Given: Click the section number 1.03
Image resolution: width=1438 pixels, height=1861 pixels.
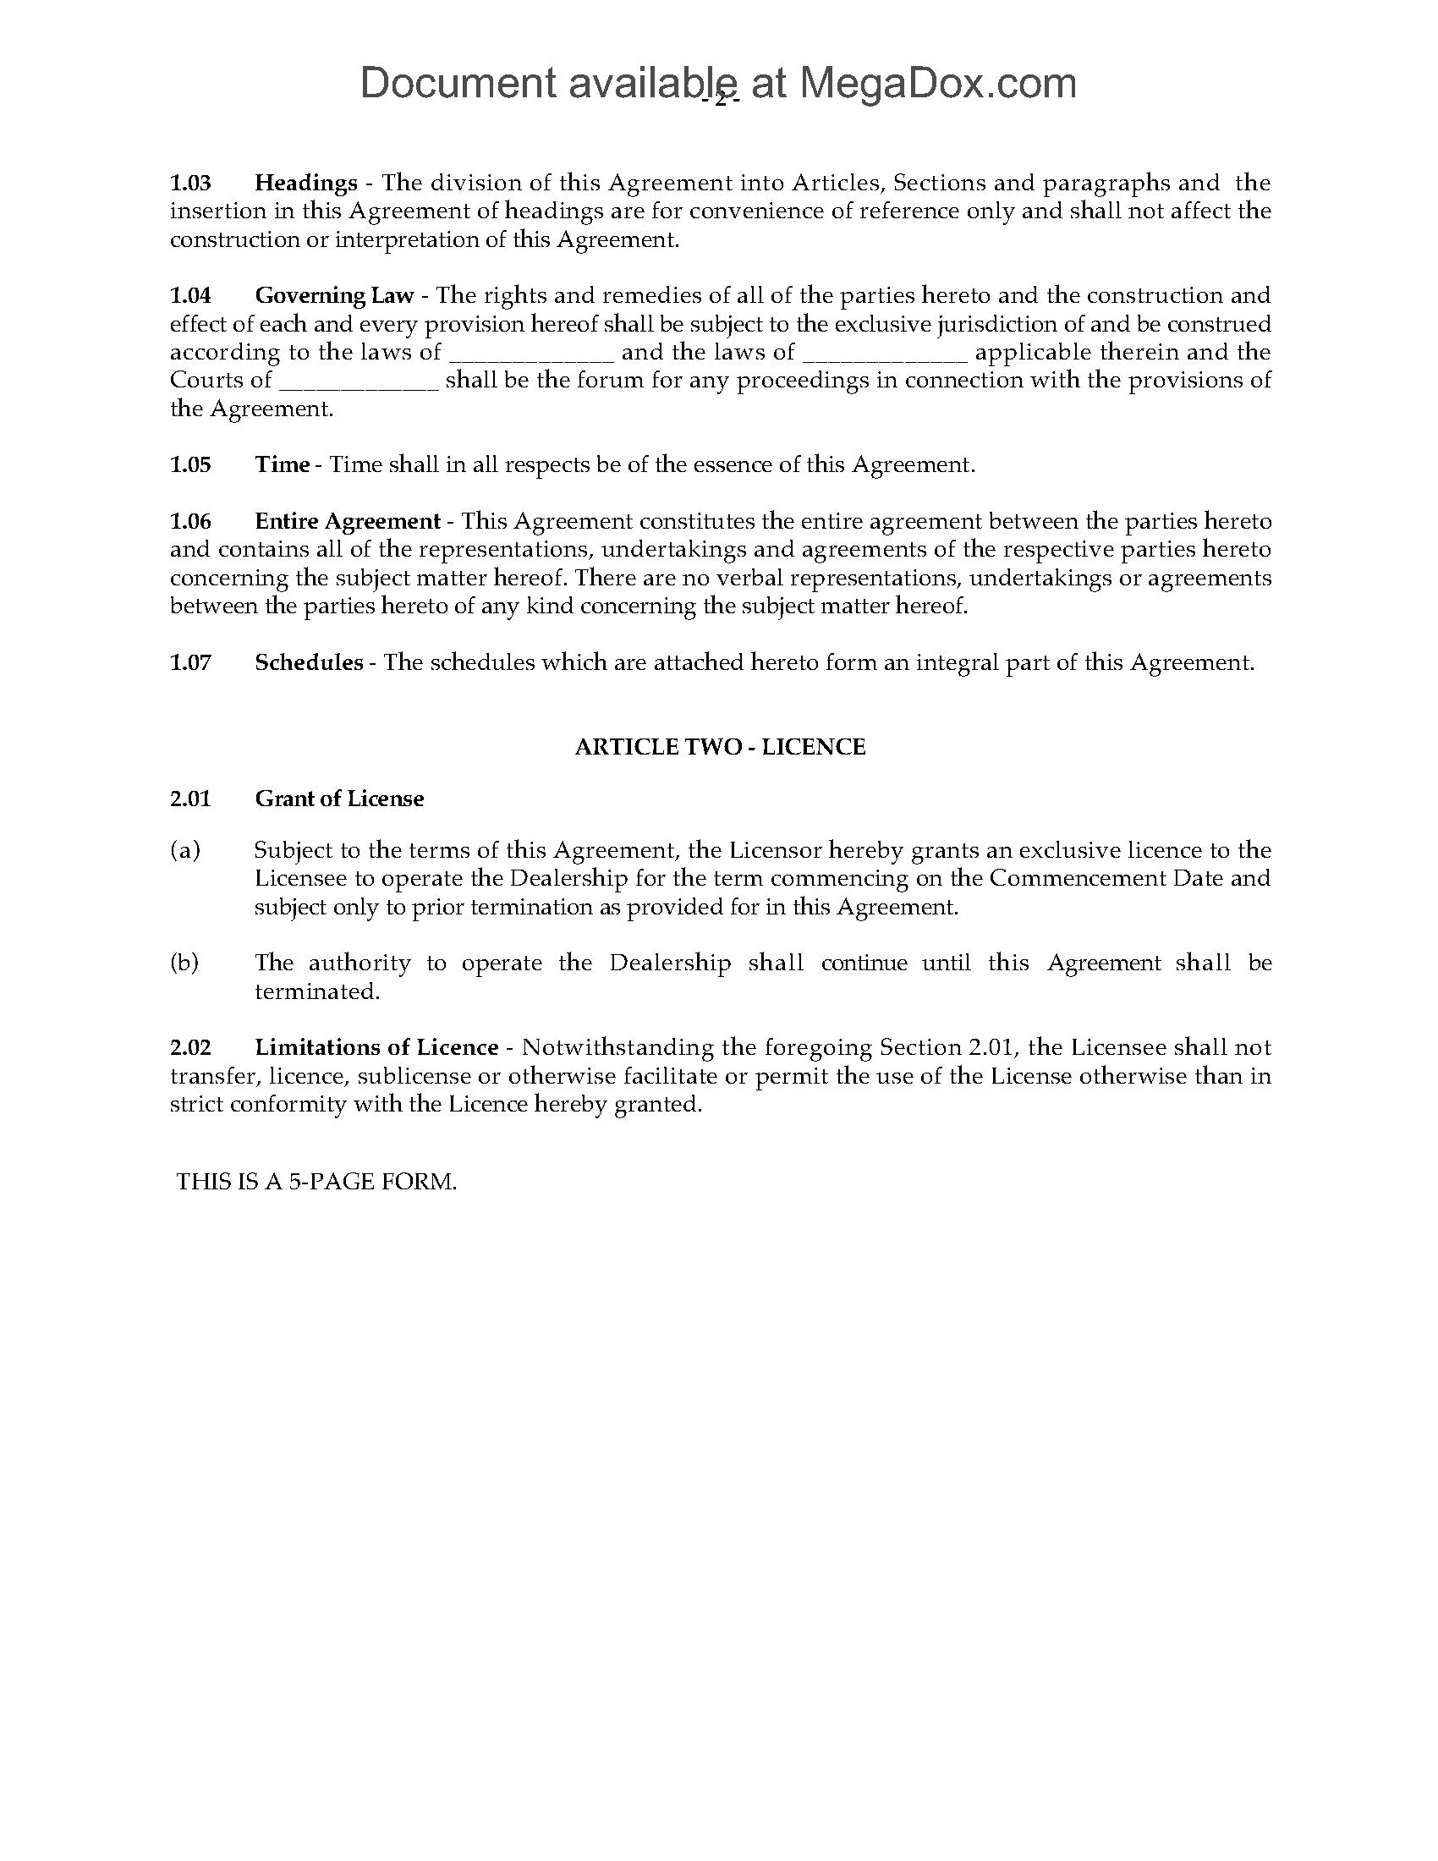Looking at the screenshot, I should pos(190,183).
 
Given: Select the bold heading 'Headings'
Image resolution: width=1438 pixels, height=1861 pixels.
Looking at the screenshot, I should pos(306,183).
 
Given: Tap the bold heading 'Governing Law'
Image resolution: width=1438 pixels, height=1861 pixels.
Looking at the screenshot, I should pos(334,296).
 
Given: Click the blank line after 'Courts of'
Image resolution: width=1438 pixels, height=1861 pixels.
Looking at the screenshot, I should pos(359,381).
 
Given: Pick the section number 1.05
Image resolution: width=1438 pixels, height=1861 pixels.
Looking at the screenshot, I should pos(190,464).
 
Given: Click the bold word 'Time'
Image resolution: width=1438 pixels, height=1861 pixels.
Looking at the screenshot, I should pos(282,464).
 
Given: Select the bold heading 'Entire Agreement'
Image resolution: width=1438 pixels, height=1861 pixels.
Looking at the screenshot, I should pos(348,520).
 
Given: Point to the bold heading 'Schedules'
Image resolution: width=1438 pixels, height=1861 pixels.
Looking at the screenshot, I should pos(309,662).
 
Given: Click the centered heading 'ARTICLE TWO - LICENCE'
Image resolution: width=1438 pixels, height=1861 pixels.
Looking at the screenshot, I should pos(720,747).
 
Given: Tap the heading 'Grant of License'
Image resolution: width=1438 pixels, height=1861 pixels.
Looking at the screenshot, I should pos(339,799).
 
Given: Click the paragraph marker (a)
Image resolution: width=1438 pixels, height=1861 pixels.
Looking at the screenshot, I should pos(185,850).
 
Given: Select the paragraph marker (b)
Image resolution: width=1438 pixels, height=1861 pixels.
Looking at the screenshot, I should pos(185,963).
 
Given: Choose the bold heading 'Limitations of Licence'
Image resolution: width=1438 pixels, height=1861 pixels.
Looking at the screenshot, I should pos(376,1047).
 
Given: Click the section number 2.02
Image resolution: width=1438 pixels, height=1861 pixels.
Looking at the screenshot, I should pos(190,1047).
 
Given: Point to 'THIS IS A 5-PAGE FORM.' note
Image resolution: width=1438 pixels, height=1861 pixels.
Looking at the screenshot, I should pos(316,1182).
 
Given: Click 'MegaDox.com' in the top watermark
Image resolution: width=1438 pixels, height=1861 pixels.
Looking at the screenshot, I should pos(937,84).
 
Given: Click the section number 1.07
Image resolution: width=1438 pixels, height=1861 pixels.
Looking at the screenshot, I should pos(190,662).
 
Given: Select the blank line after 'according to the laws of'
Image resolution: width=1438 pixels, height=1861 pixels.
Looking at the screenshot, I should pos(530,353).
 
